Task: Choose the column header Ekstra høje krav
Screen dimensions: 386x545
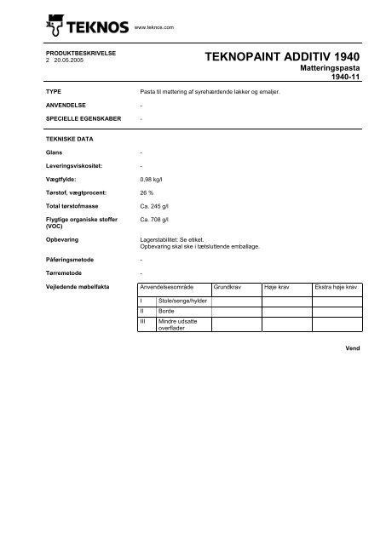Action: tap(338, 288)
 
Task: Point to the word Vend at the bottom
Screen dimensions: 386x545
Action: tap(354, 348)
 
